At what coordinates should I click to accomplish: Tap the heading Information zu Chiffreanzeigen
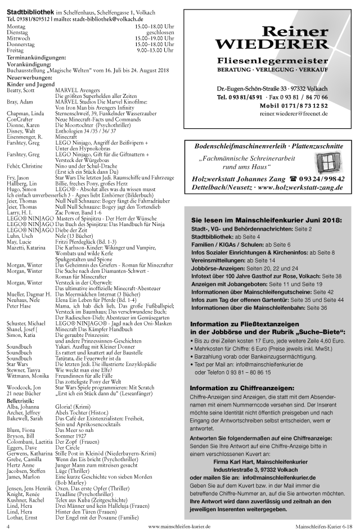(242, 389)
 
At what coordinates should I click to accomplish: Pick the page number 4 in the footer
(8, 526)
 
